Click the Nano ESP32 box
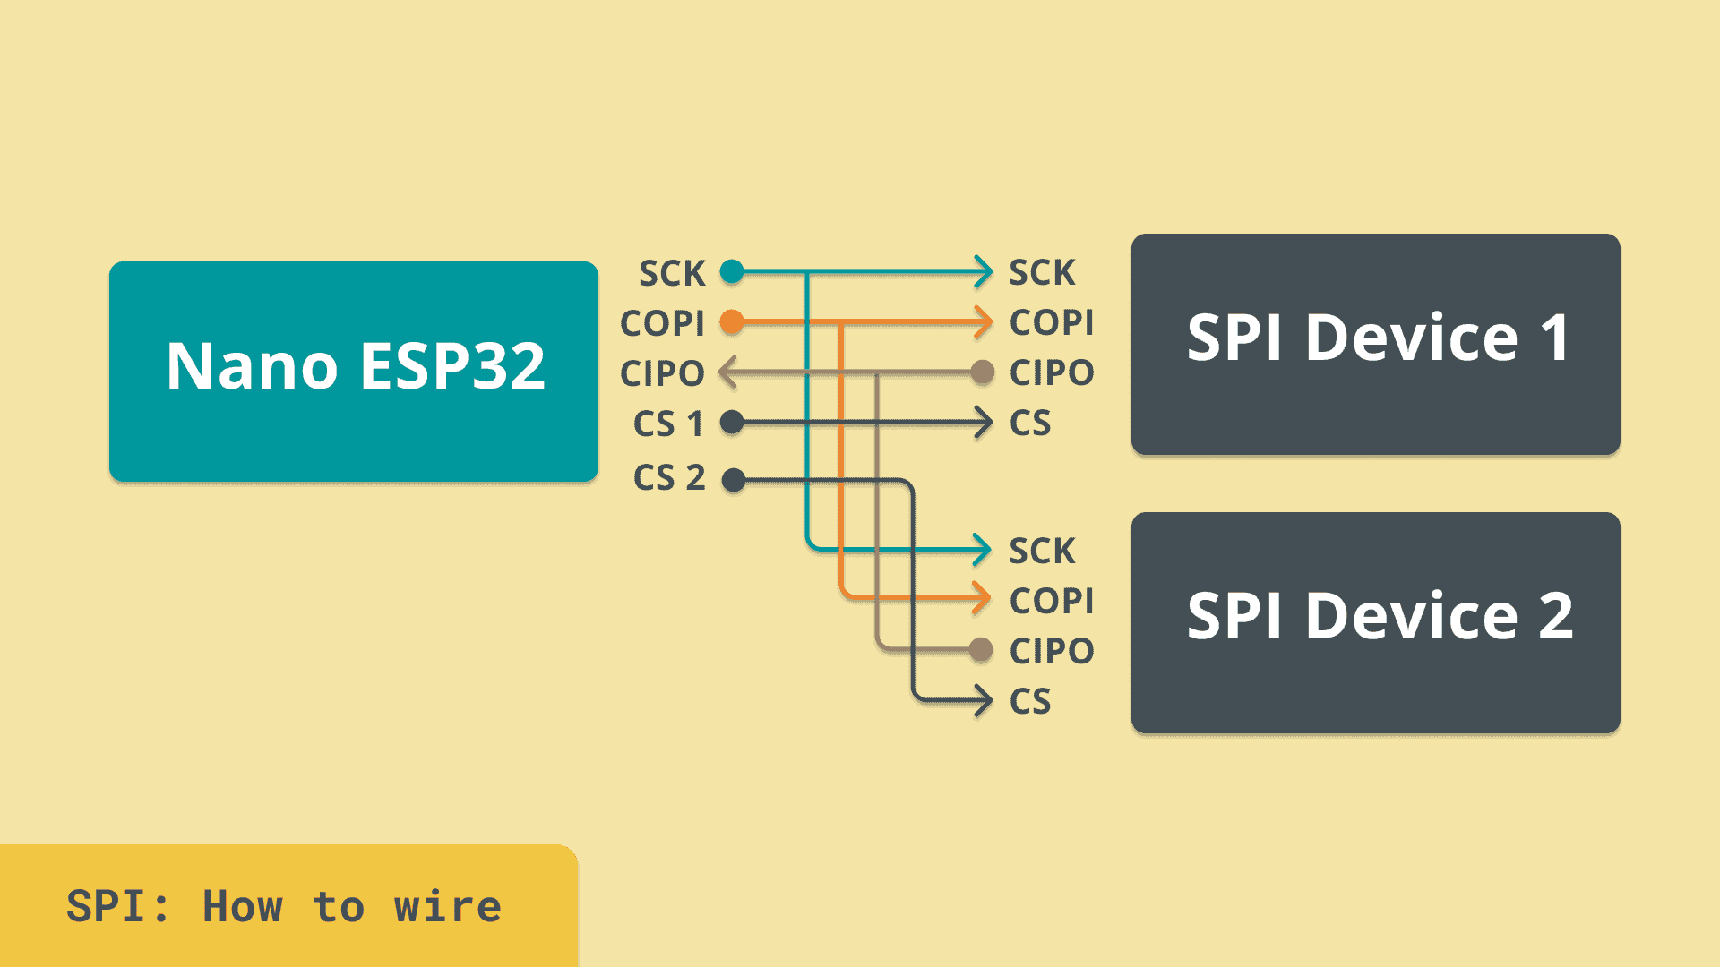pyautogui.click(x=354, y=372)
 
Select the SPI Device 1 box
pyautogui.click(x=1375, y=345)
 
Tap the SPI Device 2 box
pyautogui.click(x=1375, y=623)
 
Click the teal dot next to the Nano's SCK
pyautogui.click(x=732, y=271)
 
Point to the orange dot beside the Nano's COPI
pyautogui.click(x=732, y=322)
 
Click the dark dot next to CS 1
pyautogui.click(x=732, y=423)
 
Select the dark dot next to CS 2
pyautogui.click(x=734, y=481)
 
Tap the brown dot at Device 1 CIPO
pyautogui.click(x=983, y=372)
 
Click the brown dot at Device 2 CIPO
pyautogui.click(x=982, y=651)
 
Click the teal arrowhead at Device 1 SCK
pyautogui.click(x=985, y=271)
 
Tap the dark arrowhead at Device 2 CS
pyautogui.click(x=984, y=700)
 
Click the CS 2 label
pyautogui.click(x=669, y=478)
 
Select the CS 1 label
pyautogui.click(x=668, y=424)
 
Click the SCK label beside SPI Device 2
pyautogui.click(x=1042, y=551)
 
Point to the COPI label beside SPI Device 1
pyautogui.click(x=1052, y=322)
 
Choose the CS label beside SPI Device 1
pyautogui.click(x=1030, y=423)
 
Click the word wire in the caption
pyautogui.click(x=448, y=906)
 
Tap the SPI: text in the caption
pyautogui.click(x=117, y=906)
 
